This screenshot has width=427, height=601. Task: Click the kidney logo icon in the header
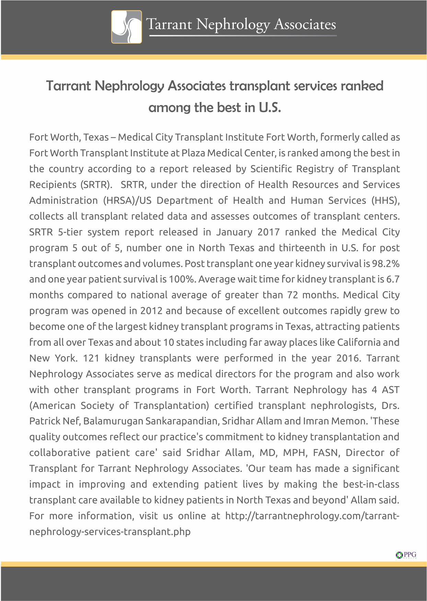126,27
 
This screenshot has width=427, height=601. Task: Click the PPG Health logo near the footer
406,555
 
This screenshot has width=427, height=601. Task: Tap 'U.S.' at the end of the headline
270,108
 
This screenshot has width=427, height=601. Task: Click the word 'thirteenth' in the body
302,248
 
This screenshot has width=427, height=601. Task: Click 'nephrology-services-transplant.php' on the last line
110,532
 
